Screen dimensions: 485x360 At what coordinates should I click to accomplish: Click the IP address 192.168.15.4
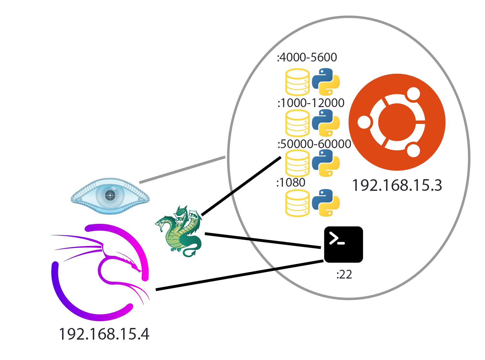pos(104,334)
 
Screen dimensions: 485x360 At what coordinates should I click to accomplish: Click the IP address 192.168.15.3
pos(397,185)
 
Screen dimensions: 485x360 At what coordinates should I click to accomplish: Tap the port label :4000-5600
pos(307,57)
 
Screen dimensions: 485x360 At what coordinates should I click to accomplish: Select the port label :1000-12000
pos(311,103)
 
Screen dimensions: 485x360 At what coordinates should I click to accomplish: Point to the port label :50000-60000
pos(314,144)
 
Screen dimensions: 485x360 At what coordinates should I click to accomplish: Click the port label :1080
pos(291,182)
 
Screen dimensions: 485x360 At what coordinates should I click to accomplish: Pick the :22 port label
pos(344,274)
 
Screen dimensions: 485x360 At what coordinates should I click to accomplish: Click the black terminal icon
pos(343,245)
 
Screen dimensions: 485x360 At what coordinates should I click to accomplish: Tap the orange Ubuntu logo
pos(397,122)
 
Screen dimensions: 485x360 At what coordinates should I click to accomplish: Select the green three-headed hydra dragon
pos(178,231)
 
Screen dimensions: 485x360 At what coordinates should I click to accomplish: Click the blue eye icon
pos(110,196)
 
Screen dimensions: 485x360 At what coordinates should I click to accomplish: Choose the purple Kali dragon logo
pos(100,272)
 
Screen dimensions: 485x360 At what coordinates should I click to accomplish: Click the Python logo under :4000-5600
pos(326,82)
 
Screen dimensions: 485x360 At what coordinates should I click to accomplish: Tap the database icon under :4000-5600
pos(297,82)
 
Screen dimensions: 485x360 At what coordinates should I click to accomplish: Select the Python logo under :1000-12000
pos(326,123)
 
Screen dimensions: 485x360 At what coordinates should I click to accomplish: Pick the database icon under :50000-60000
pos(297,163)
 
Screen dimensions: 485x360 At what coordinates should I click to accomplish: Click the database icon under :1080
pos(297,203)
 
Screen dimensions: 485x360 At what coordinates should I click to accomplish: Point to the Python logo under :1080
pos(326,203)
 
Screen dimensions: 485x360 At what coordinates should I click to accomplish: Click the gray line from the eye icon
pos(182,169)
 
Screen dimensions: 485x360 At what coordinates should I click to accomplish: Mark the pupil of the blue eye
pos(110,195)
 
